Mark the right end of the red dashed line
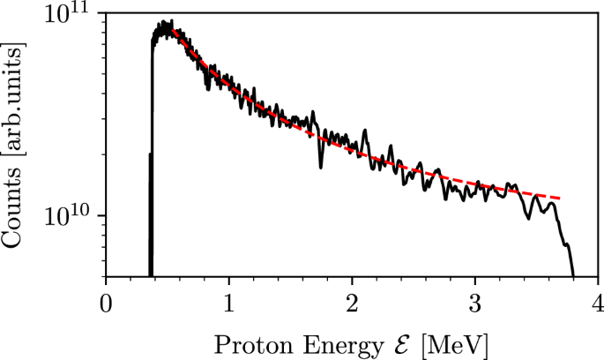(x=559, y=197)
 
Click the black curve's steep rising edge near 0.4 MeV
(x=153, y=106)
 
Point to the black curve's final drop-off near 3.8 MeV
(x=569, y=256)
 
